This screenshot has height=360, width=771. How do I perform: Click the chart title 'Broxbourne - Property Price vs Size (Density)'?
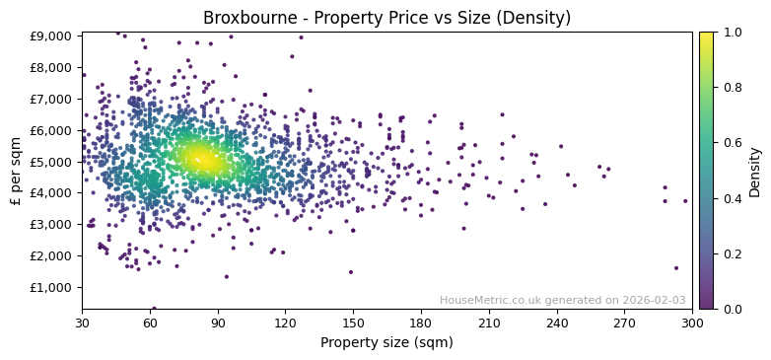coord(386,18)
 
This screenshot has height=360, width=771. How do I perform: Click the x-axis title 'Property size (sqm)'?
coord(386,343)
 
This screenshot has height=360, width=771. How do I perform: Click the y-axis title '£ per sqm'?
coord(16,171)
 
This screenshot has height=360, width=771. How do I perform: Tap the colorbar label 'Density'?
coord(755,171)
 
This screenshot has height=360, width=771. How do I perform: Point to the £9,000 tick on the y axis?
coord(51,36)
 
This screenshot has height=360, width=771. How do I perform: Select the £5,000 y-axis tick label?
coord(51,162)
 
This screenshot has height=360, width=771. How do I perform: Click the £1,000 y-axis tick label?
coord(51,287)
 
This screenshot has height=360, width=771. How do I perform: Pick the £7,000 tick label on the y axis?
coord(51,99)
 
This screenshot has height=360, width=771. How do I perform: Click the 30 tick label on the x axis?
coord(82,323)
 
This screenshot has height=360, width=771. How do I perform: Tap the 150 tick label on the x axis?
coord(353,323)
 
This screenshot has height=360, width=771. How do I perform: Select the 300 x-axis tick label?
coord(692,323)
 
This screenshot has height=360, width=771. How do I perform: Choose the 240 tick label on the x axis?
coord(557,323)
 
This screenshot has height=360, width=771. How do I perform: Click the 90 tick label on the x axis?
coord(217,323)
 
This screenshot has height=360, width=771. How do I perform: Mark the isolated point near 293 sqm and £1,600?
coord(676,268)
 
